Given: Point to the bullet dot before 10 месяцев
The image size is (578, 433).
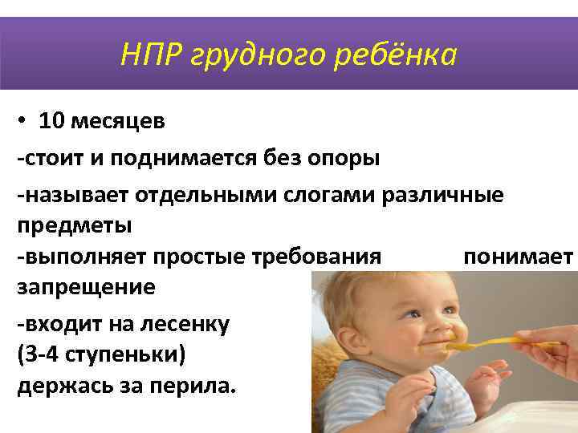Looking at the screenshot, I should click(x=23, y=121).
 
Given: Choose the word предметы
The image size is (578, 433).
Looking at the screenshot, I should click(x=74, y=225).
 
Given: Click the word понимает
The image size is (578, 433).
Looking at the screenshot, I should click(x=518, y=257).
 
